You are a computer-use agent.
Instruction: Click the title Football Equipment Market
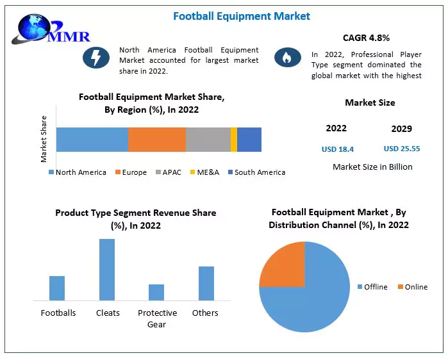point(242,16)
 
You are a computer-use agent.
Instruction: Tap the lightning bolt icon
point(95,58)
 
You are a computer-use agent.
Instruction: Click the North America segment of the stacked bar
point(92,140)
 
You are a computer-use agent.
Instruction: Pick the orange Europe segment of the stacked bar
point(157,140)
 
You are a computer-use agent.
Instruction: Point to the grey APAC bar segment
point(208,140)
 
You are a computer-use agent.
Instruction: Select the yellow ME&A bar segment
point(234,140)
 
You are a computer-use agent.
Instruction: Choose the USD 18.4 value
point(338,149)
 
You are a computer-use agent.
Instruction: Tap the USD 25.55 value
point(402,149)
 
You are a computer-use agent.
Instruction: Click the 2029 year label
point(402,128)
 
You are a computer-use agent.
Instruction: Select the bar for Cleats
point(107,270)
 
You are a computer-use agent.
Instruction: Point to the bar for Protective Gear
point(156,292)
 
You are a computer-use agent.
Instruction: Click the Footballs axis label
point(58,313)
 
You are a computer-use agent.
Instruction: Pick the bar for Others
point(206,283)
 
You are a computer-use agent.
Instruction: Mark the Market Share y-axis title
point(44,138)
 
